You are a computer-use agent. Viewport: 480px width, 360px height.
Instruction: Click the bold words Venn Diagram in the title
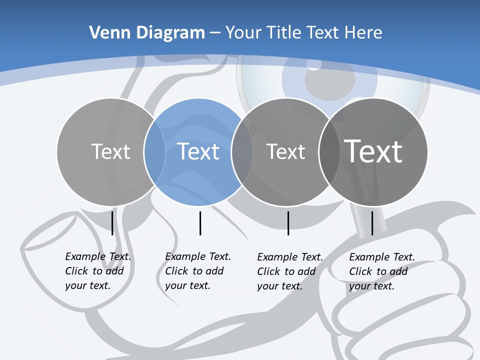[x=147, y=33]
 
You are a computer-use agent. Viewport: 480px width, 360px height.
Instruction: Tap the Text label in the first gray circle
[x=111, y=151]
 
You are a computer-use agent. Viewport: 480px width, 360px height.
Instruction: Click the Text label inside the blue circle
[x=198, y=151]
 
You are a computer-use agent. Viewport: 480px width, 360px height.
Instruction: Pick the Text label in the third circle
[x=285, y=151]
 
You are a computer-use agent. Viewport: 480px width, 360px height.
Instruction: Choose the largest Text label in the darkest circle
[x=373, y=151]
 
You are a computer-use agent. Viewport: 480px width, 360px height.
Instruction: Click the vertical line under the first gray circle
[x=112, y=223]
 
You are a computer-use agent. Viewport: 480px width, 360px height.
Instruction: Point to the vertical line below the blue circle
[x=200, y=223]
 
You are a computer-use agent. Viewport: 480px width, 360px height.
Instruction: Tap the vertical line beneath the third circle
[x=288, y=223]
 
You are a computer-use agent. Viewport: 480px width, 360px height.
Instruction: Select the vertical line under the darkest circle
[x=372, y=223]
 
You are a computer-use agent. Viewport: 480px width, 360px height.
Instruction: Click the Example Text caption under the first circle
[x=97, y=271]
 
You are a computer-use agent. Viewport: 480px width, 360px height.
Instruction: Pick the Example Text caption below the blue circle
[x=197, y=271]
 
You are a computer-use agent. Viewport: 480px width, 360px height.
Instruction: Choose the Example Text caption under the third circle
[x=289, y=271]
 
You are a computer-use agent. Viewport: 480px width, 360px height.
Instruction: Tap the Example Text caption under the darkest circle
[x=381, y=271]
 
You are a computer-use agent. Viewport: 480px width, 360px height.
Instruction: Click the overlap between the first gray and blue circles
[x=154, y=152]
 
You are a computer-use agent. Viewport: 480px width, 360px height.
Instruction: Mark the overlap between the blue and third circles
[x=242, y=152]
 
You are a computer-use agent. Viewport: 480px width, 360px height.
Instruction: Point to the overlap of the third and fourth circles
[x=327, y=152]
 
